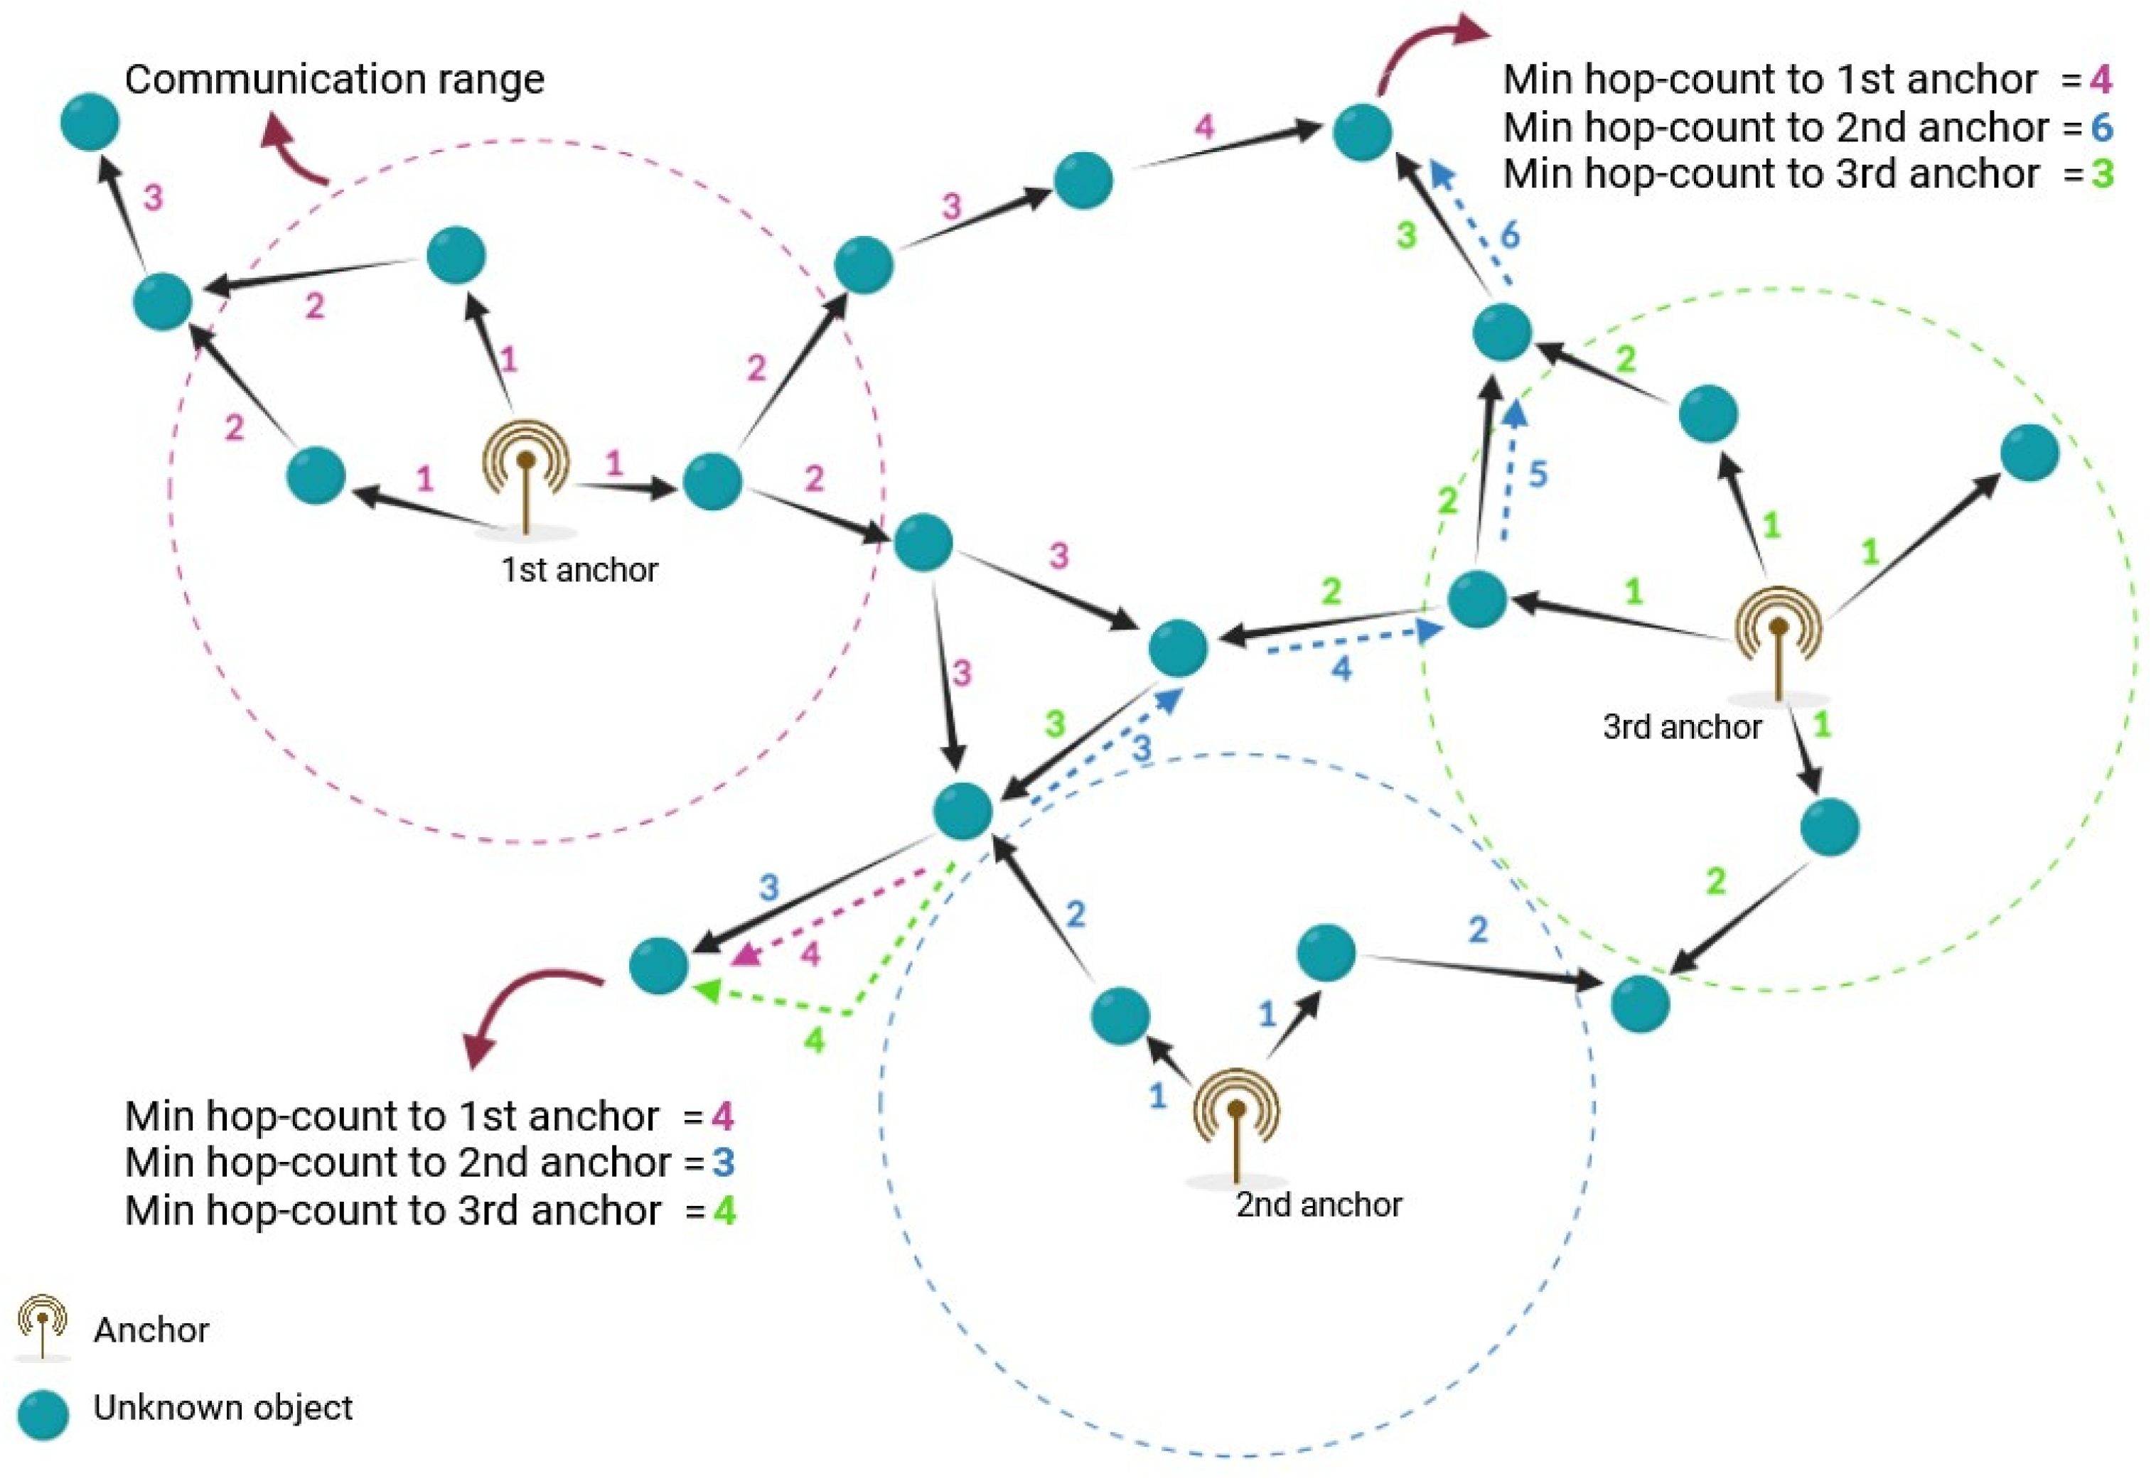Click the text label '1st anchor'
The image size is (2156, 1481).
pos(579,570)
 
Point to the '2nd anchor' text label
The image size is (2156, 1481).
pos(1318,1205)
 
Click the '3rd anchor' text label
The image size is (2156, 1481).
pos(1681,726)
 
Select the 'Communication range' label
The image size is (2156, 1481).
pos(334,80)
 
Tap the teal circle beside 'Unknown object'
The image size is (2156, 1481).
pos(43,1414)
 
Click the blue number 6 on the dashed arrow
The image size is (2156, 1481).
pos(1510,236)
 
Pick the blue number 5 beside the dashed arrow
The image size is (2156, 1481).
pos(1538,474)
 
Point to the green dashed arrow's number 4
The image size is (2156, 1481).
pos(814,1040)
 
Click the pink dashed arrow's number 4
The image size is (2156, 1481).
pos(810,953)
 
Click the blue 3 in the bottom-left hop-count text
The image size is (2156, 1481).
pos(723,1163)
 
